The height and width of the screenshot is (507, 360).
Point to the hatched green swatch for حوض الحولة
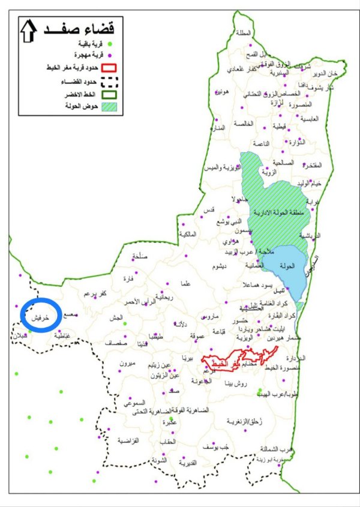pyautogui.click(x=107, y=107)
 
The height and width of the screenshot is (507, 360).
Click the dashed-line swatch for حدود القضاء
pyautogui.click(x=107, y=82)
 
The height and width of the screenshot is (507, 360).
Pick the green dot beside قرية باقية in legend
pyautogui.click(x=107, y=43)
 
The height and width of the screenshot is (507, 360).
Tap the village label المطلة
pyautogui.click(x=245, y=33)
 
